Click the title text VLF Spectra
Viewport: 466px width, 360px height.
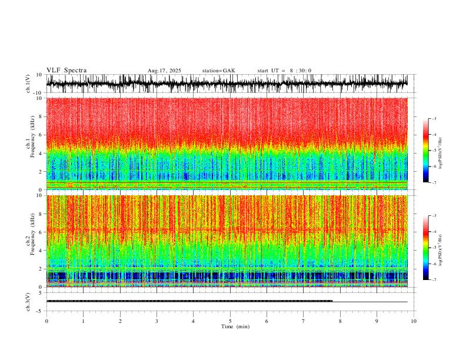(66, 71)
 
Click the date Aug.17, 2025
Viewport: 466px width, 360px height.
(164, 71)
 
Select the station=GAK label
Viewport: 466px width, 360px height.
(218, 71)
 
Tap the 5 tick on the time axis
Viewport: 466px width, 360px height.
(230, 321)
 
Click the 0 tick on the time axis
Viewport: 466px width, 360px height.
(46, 321)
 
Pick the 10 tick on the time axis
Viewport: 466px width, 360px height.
(414, 321)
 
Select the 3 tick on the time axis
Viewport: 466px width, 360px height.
(157, 321)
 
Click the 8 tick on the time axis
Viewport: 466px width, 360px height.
(340, 321)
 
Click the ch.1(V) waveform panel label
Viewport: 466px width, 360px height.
(28, 84)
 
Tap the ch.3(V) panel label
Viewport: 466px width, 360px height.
(28, 301)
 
